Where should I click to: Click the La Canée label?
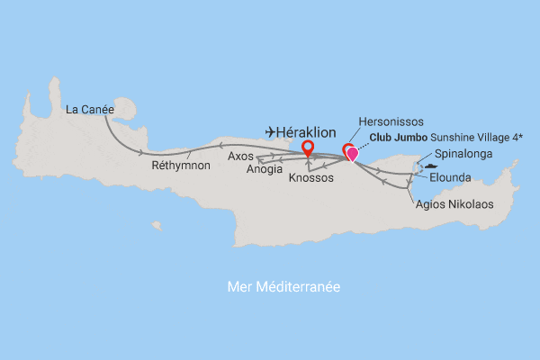(89, 111)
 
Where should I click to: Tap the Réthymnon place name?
(181, 166)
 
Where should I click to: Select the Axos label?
(240, 156)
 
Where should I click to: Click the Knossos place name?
(311, 178)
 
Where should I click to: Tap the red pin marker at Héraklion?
(308, 148)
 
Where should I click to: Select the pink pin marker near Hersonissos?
(352, 155)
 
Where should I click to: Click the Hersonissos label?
(392, 120)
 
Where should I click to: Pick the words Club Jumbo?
(398, 139)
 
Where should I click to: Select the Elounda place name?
(450, 177)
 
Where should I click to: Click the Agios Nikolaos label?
(454, 204)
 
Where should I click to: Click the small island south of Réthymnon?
(157, 226)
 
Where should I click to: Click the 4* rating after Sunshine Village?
(521, 139)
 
